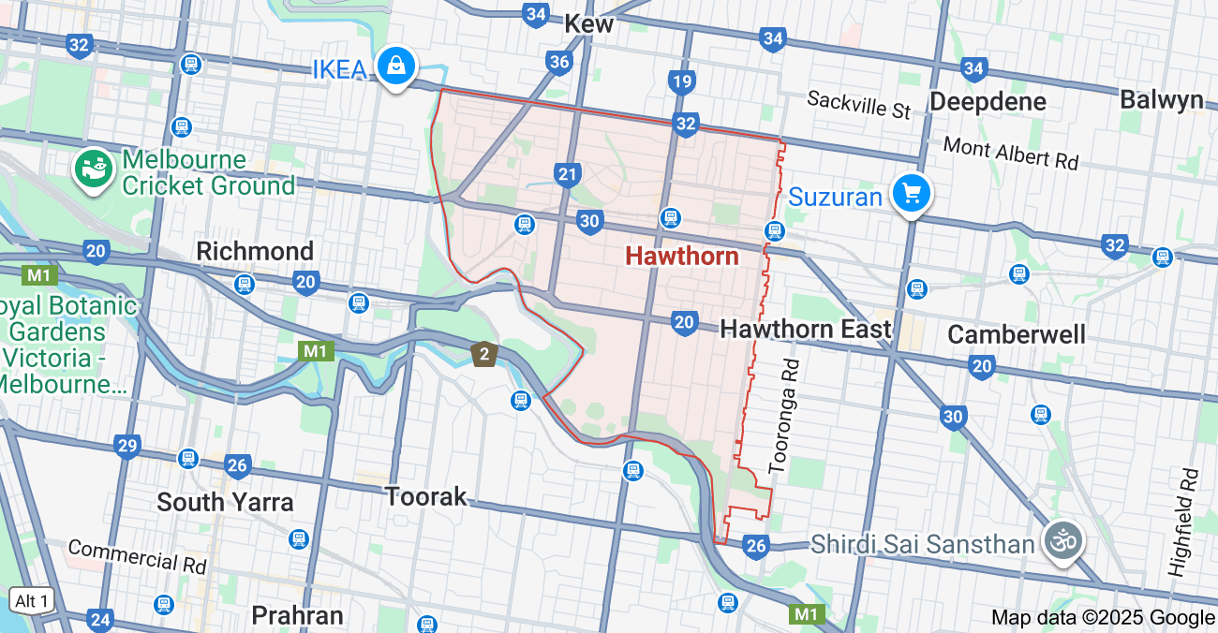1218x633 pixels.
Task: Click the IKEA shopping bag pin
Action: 396,66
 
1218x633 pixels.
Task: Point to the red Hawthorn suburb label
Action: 681,256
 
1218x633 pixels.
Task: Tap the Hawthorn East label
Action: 805,330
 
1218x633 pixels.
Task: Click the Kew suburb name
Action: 589,24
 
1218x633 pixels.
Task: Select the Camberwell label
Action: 1017,334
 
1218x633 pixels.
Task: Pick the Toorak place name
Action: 426,496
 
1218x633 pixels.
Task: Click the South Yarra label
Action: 225,502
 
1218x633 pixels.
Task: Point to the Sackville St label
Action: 858,104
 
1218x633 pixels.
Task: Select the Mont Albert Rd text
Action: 1011,153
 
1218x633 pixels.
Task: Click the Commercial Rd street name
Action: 137,555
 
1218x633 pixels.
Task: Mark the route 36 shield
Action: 558,63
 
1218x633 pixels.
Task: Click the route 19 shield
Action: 682,82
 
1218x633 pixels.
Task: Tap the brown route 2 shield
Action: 483,354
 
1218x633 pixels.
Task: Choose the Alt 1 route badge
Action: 32,600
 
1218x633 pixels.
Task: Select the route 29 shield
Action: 128,446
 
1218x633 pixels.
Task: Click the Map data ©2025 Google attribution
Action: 1102,617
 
